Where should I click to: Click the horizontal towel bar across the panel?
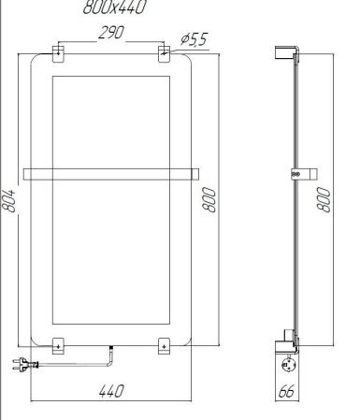[x=113, y=172]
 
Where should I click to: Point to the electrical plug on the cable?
[x=20, y=366]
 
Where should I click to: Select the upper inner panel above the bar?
[x=113, y=120]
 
